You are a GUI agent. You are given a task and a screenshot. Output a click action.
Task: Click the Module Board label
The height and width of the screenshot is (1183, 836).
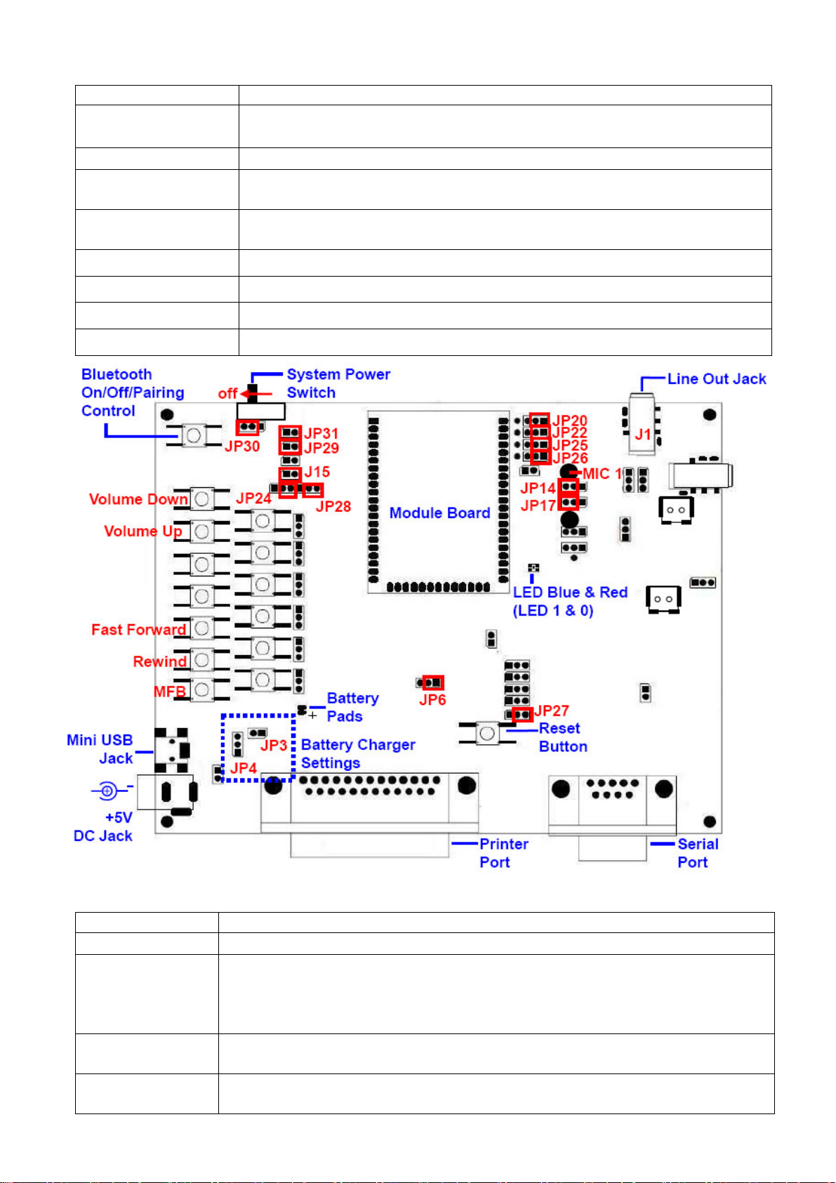click(439, 513)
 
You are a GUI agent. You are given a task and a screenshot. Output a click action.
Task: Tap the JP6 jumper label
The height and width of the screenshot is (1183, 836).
click(432, 700)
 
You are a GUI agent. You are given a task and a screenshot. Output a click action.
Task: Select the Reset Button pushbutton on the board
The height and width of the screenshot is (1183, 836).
click(486, 734)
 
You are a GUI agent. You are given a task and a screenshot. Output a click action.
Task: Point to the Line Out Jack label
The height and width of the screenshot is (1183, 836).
click(716, 379)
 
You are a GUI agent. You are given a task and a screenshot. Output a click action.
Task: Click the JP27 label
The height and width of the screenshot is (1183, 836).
click(552, 711)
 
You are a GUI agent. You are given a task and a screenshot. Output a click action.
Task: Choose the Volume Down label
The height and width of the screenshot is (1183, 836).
click(138, 499)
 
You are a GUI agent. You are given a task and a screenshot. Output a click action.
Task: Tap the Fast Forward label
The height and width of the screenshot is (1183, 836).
click(138, 630)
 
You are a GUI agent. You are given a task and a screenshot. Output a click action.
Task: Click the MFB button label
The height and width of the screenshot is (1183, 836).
click(170, 692)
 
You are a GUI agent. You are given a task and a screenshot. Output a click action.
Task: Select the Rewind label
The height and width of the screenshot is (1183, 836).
click(160, 661)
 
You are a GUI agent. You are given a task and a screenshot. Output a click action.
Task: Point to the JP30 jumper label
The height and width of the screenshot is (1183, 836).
click(242, 447)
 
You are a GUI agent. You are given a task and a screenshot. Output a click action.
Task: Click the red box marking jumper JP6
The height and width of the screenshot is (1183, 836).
click(433, 682)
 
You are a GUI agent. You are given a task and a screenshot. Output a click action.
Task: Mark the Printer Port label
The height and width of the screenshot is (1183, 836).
click(503, 853)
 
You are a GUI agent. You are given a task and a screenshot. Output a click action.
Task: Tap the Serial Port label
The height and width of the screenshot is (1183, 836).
click(697, 853)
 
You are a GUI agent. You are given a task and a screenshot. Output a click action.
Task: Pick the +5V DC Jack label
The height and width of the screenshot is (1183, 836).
click(104, 827)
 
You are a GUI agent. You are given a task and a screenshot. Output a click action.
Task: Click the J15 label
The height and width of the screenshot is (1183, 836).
click(317, 472)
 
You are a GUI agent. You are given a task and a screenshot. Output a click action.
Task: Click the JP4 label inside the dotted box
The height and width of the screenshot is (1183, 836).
click(244, 768)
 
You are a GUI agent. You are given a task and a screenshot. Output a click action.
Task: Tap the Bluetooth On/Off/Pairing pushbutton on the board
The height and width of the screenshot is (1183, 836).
click(194, 435)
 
